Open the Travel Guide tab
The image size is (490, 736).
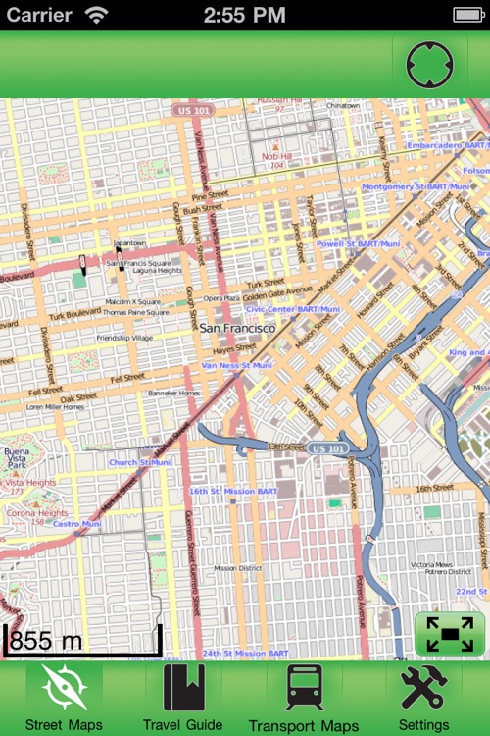pyautogui.click(x=183, y=689)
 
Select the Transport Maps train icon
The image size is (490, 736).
pyautogui.click(x=304, y=689)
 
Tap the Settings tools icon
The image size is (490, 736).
pyautogui.click(x=424, y=689)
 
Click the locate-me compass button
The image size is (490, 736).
pyautogui.click(x=430, y=66)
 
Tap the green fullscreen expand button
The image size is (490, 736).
pyautogui.click(x=450, y=634)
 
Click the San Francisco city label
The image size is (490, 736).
pyautogui.click(x=237, y=328)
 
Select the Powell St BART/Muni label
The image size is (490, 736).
pyautogui.click(x=358, y=243)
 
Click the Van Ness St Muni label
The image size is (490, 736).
pyautogui.click(x=236, y=365)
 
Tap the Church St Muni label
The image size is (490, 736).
pyautogui.click(x=139, y=462)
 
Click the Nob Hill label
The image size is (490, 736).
pyautogui.click(x=276, y=156)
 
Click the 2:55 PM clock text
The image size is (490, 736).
pyautogui.click(x=244, y=15)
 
